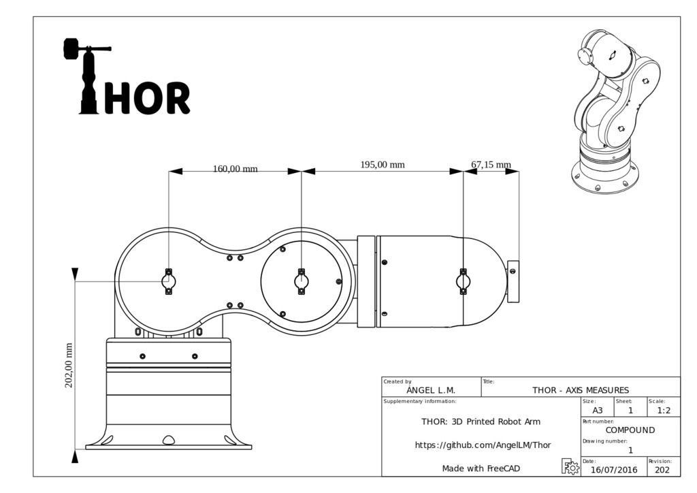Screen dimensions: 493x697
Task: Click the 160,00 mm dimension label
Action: (235, 169)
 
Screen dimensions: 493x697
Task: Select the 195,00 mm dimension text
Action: (382, 164)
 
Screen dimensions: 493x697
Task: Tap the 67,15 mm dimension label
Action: (491, 165)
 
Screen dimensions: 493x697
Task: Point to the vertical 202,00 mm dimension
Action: (69, 365)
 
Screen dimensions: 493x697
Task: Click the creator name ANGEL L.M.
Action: (431, 390)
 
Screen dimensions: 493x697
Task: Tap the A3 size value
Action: (597, 411)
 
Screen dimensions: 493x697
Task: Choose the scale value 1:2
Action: (664, 411)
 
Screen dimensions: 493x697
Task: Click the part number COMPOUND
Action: (630, 430)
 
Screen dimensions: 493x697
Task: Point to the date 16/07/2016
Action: (614, 469)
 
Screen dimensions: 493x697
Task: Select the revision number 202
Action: (662, 469)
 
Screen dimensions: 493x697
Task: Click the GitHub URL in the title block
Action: (483, 445)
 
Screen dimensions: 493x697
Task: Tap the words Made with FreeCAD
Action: (482, 468)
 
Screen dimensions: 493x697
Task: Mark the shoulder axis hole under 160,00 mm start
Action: (169, 281)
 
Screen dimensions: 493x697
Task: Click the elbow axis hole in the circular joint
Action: (301, 281)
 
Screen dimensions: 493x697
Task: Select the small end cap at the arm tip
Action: (514, 281)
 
